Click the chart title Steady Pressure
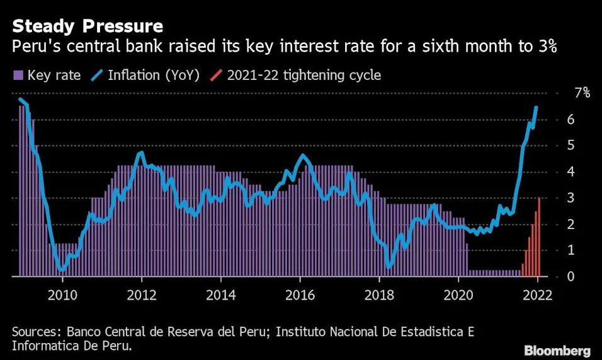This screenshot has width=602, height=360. click(x=88, y=26)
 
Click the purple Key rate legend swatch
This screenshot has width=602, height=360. click(x=18, y=76)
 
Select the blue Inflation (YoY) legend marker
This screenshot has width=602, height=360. click(x=98, y=75)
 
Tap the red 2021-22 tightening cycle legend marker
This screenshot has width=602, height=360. click(x=216, y=75)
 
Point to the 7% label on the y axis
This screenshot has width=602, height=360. click(x=582, y=93)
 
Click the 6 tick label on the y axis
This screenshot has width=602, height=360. click(x=571, y=120)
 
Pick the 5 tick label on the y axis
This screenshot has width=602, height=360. click(x=571, y=145)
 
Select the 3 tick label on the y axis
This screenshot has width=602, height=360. click(x=571, y=198)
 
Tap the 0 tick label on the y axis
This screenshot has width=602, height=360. click(x=571, y=276)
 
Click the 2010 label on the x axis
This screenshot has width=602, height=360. click(x=62, y=295)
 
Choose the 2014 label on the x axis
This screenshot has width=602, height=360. click(x=221, y=295)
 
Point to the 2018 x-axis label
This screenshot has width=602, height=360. click(x=379, y=295)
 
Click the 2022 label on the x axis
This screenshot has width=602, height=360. click(x=538, y=295)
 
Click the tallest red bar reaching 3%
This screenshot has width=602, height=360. click(x=538, y=237)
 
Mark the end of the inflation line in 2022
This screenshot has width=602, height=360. click(x=537, y=108)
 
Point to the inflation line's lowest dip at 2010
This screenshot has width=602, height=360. click(x=62, y=270)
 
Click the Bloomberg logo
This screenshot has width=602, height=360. click(x=557, y=351)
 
